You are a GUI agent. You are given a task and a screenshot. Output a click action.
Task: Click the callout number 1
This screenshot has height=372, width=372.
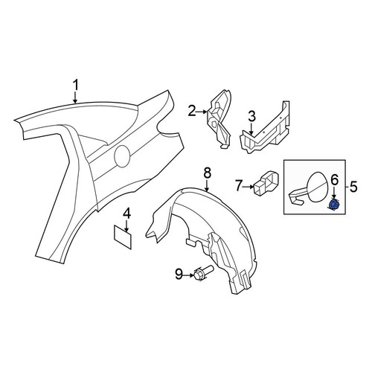pyautogui.click(x=75, y=86)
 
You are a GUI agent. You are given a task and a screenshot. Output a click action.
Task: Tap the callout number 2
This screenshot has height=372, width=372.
pyautogui.click(x=192, y=111)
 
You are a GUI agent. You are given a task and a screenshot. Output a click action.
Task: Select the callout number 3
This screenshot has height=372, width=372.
pyautogui.click(x=251, y=117)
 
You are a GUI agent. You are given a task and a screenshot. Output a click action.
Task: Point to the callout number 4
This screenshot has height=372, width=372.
pyautogui.click(x=126, y=214)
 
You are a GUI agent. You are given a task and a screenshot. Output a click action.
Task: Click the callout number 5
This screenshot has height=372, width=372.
pyautogui.click(x=353, y=187)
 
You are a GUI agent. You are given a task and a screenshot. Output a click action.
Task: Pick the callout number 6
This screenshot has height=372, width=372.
pyautogui.click(x=335, y=180)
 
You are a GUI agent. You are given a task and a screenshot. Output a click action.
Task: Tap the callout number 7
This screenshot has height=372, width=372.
pyautogui.click(x=239, y=186)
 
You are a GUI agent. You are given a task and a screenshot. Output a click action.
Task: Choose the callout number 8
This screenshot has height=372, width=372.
pyautogui.click(x=208, y=173)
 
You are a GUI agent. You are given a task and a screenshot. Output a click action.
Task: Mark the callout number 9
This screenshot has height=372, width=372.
pyautogui.click(x=179, y=275)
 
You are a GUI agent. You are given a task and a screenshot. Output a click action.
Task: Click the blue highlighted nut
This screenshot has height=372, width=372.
pyautogui.click(x=333, y=204)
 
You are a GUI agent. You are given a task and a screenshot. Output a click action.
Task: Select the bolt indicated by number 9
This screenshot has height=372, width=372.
pyautogui.click(x=202, y=273)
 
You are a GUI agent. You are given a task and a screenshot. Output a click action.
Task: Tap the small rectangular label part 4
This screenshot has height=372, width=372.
pyautogui.click(x=123, y=237)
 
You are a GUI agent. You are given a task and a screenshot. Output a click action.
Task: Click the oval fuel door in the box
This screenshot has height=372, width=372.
pyautogui.click(x=318, y=187)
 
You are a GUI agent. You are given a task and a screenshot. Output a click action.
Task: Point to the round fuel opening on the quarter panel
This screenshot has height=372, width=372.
pyautogui.click(x=122, y=156)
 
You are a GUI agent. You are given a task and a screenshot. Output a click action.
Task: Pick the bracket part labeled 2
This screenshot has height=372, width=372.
pyautogui.click(x=219, y=119)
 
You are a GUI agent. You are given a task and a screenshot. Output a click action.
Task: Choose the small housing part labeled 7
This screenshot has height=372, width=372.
pyautogui.click(x=266, y=182)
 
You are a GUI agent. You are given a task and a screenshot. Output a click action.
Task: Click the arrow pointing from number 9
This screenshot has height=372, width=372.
pyautogui.click(x=188, y=275)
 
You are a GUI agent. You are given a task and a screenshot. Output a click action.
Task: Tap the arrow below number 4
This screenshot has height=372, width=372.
pyautogui.click(x=126, y=226)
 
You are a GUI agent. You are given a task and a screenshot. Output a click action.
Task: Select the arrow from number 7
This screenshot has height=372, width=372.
pyautogui.click(x=248, y=187)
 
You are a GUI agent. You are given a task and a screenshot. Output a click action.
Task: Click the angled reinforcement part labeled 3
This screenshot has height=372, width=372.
pyautogui.click(x=265, y=129)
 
